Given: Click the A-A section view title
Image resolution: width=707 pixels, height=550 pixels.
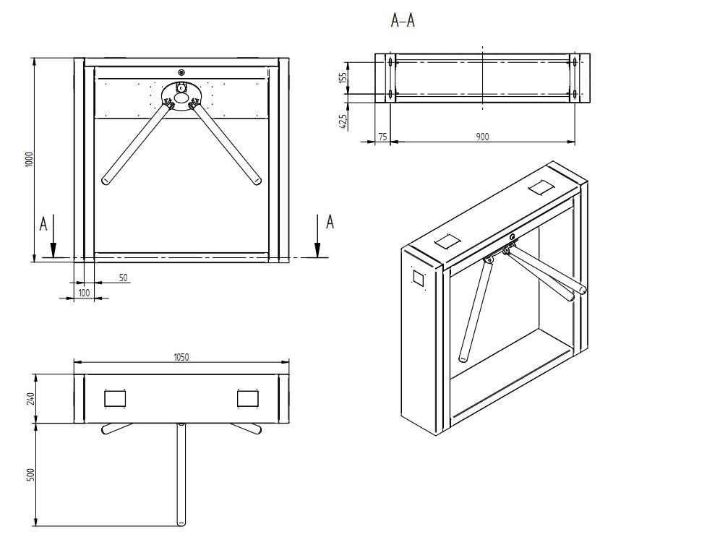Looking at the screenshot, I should tap(403, 21).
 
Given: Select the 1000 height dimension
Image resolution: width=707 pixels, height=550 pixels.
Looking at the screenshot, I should tap(29, 159).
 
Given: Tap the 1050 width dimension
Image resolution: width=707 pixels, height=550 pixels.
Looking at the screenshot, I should tap(181, 357).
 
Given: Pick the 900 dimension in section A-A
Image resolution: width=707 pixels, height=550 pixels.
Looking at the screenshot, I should tap(482, 137).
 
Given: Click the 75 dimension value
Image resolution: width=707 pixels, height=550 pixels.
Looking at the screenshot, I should tap(382, 137).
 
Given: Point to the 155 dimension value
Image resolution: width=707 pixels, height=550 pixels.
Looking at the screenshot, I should tap(343, 77).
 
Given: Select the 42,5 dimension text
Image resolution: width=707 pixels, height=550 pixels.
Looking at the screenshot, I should tap(343, 118).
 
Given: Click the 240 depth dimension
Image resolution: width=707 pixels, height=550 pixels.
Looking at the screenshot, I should tap(31, 398).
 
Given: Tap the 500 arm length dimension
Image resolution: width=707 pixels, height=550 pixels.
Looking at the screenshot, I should tap(31, 475).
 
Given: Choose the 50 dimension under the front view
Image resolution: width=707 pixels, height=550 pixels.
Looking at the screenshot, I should tap(123, 278).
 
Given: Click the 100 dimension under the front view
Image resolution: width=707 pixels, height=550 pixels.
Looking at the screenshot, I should tap(84, 292).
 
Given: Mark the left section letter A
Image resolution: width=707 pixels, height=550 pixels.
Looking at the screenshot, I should tap(43, 225).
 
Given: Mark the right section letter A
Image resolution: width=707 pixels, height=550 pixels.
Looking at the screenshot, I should tap(330, 222).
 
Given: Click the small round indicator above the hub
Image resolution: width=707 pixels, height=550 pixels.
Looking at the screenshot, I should tap(181, 72).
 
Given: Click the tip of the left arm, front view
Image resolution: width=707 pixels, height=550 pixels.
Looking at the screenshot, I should tap(106, 180).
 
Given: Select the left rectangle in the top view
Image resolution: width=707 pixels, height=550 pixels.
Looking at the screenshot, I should tap(115, 398).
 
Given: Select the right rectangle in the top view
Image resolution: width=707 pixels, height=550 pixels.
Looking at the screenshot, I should tap(247, 398).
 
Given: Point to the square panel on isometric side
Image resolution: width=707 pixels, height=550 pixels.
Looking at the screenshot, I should tap(419, 278).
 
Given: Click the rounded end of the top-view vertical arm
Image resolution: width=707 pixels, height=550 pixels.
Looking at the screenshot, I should tap(181, 522).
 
